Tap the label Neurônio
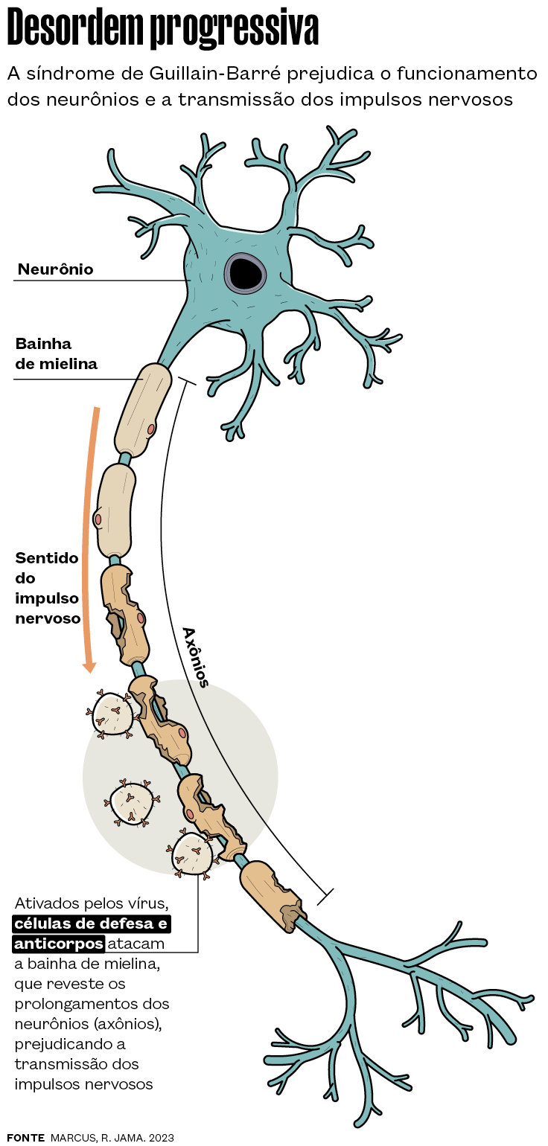(56, 269)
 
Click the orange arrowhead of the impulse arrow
(89, 665)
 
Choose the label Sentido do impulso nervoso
(48, 588)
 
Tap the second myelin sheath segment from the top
(116, 510)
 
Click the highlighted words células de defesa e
(92, 924)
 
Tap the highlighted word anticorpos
(58, 944)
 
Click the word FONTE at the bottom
(25, 1138)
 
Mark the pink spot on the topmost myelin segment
(151, 429)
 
